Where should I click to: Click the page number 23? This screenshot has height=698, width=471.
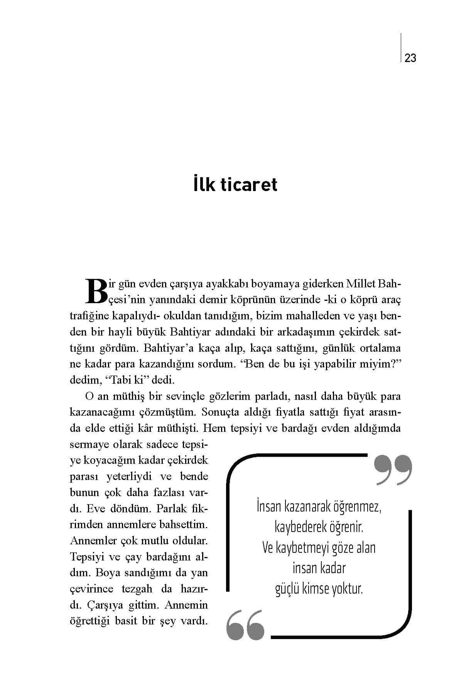coord(410,58)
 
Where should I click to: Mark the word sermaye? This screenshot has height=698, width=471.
coord(89,445)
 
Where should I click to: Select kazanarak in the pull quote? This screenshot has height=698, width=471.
coord(305,507)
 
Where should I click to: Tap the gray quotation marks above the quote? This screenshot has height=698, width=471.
coord(393,470)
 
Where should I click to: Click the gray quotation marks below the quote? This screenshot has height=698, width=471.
coord(246,625)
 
